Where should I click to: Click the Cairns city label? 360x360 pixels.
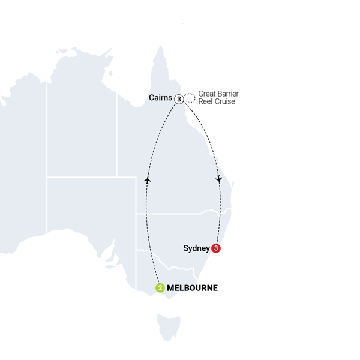161,98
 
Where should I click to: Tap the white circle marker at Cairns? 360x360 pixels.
179,99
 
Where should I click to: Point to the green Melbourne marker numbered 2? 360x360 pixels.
160,288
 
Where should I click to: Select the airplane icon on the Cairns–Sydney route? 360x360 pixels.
220,179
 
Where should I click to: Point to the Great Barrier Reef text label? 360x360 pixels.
217,98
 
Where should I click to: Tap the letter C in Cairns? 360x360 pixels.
151,98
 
